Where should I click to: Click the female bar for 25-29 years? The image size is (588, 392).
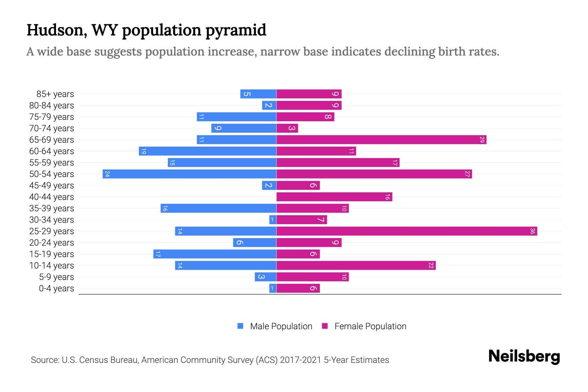(407, 231)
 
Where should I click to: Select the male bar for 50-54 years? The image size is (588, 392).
(189, 174)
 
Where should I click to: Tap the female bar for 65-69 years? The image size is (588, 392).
(381, 140)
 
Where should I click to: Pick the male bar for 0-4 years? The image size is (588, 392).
(273, 288)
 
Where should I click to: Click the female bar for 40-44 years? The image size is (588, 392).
(334, 197)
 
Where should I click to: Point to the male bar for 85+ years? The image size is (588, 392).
(258, 94)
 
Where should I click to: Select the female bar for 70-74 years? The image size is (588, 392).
(287, 128)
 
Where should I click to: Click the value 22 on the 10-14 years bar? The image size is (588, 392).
(431, 266)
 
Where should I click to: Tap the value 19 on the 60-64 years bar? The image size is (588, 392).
(143, 151)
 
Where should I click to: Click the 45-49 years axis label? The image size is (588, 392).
(52, 186)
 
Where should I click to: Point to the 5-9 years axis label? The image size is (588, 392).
(56, 277)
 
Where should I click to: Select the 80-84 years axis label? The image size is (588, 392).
(52, 106)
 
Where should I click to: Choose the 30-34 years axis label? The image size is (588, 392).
(52, 220)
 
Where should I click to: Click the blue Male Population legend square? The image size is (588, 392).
(240, 326)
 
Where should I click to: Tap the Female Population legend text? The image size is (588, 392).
(370, 326)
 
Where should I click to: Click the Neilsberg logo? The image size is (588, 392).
(524, 356)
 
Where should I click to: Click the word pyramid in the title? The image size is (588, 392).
(236, 30)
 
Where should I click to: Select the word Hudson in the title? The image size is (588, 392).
(57, 30)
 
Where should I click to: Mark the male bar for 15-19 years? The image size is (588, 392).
(215, 254)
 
